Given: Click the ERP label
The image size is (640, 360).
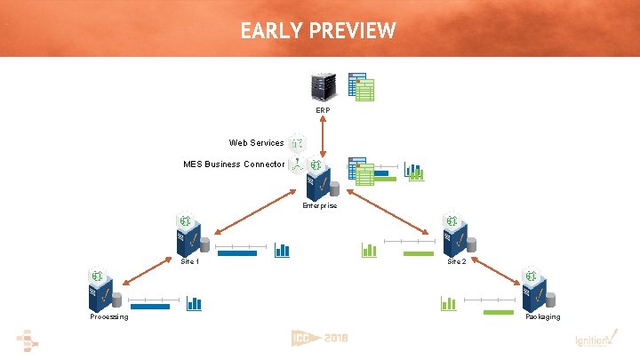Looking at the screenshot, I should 323,110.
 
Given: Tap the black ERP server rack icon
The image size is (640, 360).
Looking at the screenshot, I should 323,86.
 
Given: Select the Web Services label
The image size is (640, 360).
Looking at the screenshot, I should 256,143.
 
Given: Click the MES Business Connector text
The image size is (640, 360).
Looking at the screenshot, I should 234,164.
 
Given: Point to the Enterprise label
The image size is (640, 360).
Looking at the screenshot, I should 319,205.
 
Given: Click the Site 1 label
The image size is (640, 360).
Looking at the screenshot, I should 190,262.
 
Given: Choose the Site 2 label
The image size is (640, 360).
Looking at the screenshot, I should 457,262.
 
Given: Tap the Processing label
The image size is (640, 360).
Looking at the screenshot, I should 108,317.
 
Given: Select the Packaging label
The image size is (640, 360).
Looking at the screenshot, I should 542,317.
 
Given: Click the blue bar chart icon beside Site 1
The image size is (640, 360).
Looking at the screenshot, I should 282,251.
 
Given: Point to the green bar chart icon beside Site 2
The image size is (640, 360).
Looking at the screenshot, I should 369,251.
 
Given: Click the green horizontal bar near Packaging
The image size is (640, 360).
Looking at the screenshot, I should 499,312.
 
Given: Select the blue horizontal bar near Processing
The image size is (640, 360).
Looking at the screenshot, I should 149,307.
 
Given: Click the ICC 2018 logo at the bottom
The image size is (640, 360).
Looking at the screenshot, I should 319,339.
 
